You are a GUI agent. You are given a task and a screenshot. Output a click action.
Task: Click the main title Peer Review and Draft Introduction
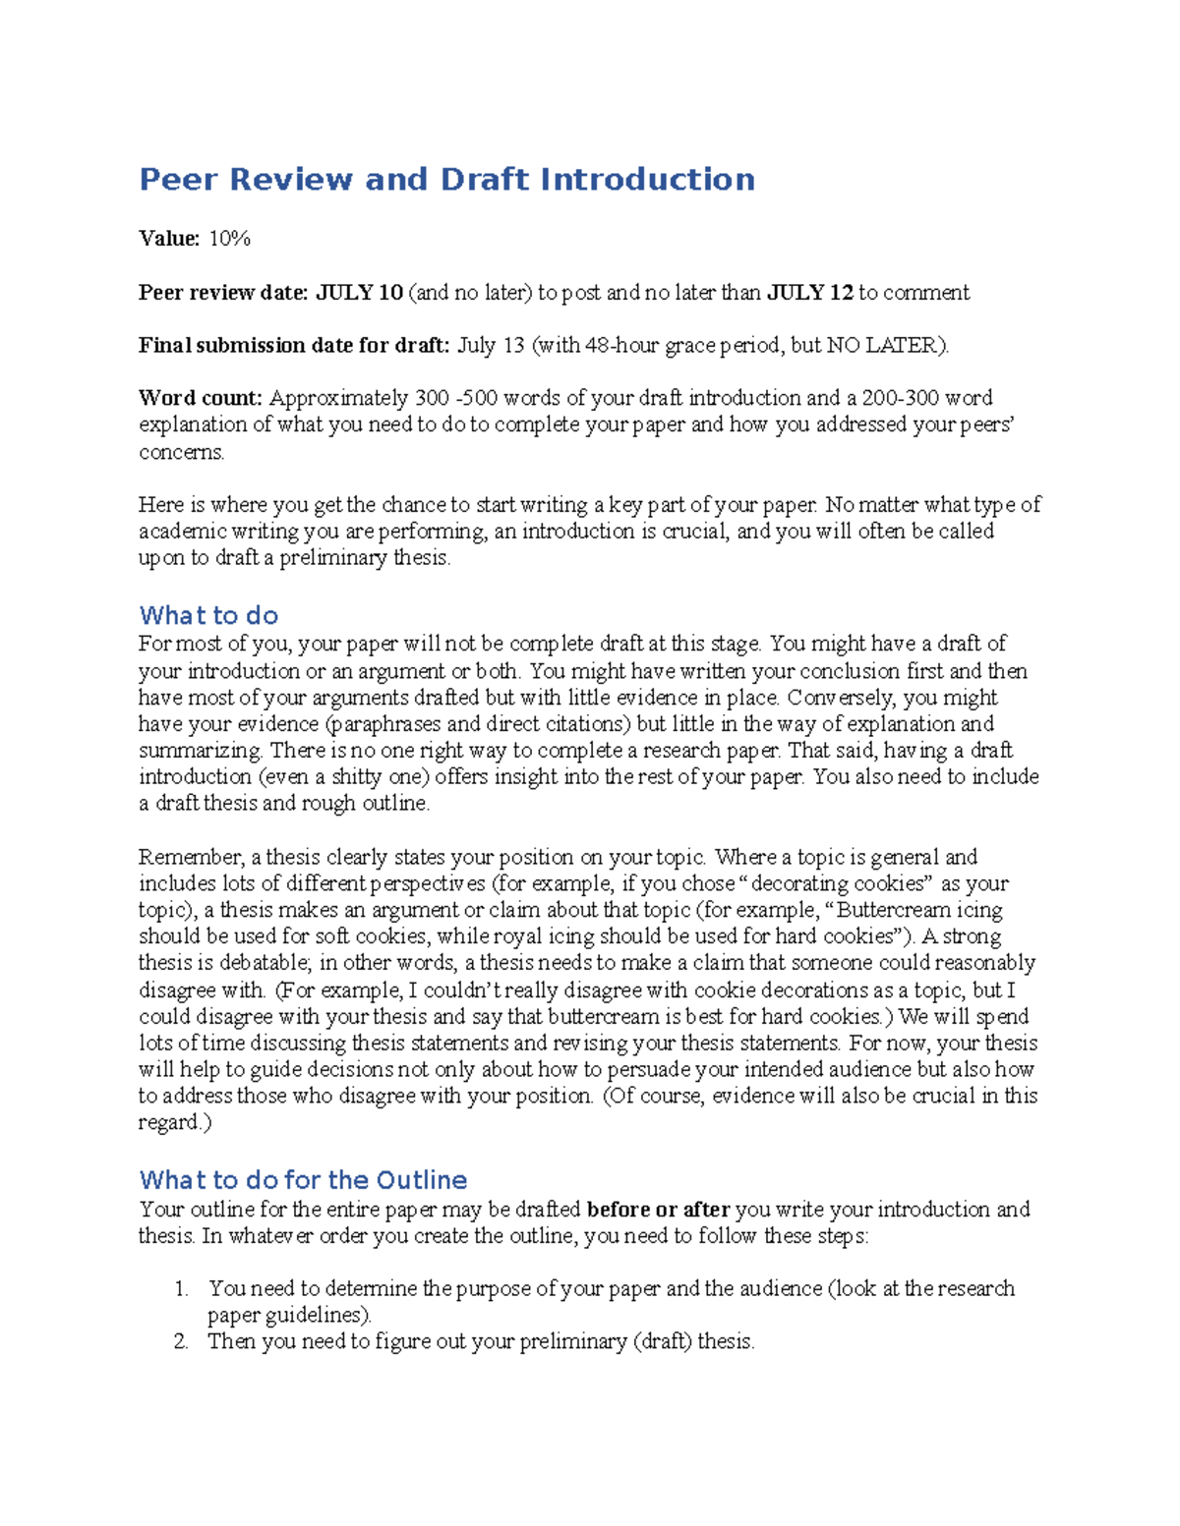446,180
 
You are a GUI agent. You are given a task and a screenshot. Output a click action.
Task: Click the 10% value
229,239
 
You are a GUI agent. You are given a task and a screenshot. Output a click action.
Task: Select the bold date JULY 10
359,293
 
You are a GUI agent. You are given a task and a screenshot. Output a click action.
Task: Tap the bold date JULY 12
809,293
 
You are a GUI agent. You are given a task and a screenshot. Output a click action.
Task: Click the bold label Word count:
201,399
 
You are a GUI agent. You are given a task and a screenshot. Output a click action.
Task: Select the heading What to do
208,616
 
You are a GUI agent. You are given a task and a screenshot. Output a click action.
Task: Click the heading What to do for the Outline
303,1180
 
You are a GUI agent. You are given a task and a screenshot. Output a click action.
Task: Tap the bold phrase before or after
658,1210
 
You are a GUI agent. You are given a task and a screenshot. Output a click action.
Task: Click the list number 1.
181,1289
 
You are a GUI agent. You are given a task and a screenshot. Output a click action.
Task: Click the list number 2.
181,1342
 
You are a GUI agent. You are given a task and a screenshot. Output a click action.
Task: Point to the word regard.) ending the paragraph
174,1123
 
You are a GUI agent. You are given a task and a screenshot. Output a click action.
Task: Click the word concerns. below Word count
181,452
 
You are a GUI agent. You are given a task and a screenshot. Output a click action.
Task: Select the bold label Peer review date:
223,293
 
